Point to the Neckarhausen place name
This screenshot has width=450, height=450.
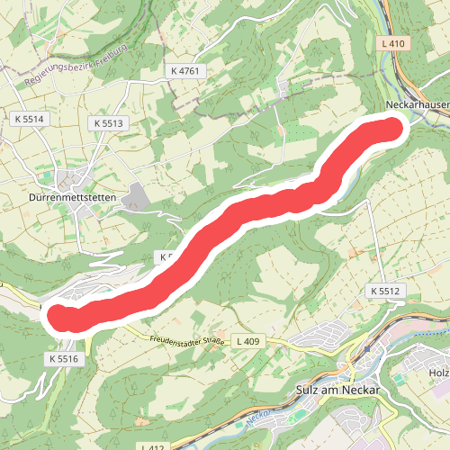click(x=415, y=105)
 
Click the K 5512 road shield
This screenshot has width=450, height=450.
click(x=382, y=292)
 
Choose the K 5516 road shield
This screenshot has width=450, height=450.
click(x=62, y=358)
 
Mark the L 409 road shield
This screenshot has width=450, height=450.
click(x=249, y=340)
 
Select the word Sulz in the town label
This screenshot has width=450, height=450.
click(x=309, y=391)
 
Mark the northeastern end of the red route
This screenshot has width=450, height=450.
click(x=388, y=130)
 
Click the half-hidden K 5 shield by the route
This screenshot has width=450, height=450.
click(x=164, y=256)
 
